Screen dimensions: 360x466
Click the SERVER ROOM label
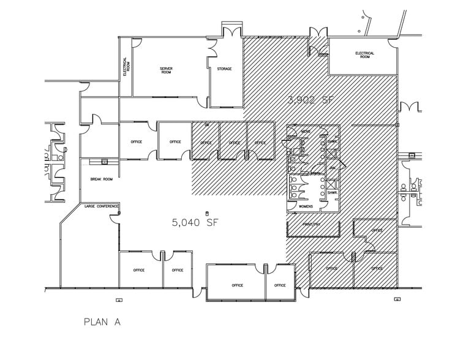[x=166, y=70]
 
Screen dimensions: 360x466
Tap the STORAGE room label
[x=224, y=69]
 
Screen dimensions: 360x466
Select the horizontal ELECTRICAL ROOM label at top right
[x=364, y=55]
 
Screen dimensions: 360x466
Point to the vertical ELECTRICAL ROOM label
[x=126, y=66]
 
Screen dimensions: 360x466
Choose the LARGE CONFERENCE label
[x=101, y=206]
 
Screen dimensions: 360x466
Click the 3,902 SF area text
[x=311, y=100]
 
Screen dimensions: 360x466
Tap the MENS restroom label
[x=306, y=132]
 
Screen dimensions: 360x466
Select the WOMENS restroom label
[x=306, y=206]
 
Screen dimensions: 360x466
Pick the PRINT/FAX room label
[x=312, y=225]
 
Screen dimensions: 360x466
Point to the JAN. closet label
[x=333, y=167]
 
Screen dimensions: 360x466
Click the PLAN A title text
[x=102, y=321]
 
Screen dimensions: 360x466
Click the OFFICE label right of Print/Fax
[x=376, y=231]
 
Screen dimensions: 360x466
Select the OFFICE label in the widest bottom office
[x=237, y=285]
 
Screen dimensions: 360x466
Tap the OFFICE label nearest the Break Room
[x=137, y=142]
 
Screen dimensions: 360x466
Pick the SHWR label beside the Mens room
[x=332, y=141]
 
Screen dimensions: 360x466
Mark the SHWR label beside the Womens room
[x=332, y=193]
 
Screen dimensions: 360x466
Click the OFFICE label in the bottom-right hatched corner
[x=376, y=269]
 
